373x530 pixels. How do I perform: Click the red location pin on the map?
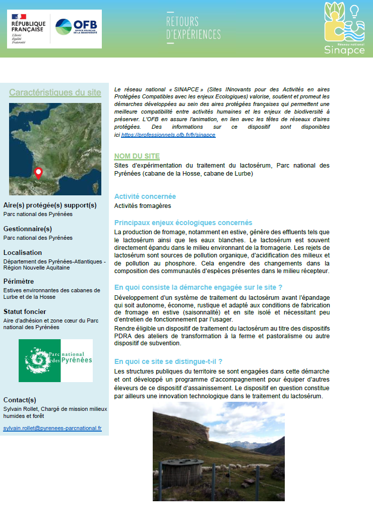(x=38, y=173)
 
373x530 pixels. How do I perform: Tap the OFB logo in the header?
(x=76, y=27)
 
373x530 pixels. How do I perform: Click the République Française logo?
(x=28, y=29)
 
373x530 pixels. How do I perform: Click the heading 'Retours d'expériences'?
(x=193, y=28)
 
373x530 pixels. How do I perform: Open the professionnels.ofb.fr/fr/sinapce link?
(x=168, y=135)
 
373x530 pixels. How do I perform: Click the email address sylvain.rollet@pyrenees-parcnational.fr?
(x=52, y=428)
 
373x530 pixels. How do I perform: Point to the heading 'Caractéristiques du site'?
(x=55, y=93)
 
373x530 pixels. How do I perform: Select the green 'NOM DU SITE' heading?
(x=137, y=156)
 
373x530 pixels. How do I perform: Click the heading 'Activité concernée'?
(x=145, y=196)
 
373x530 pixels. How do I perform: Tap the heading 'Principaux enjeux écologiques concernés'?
(x=183, y=223)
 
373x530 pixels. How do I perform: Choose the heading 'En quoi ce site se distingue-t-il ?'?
(x=168, y=361)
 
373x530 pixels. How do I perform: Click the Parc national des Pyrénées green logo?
(x=55, y=360)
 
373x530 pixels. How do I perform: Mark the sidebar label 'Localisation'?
(x=23, y=252)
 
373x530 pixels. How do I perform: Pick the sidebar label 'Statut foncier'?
(x=25, y=311)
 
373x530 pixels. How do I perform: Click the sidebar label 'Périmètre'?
(x=19, y=281)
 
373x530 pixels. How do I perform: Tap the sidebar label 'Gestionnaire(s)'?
(x=28, y=229)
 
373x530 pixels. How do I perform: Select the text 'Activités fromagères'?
(x=143, y=206)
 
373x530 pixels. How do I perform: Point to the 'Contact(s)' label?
(x=20, y=400)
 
